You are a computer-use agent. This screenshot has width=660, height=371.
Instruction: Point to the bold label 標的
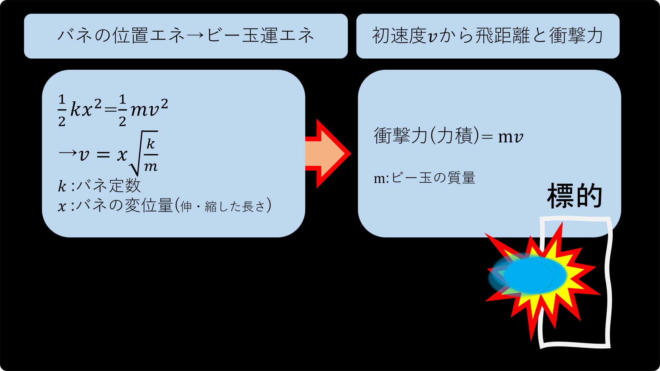click(575, 196)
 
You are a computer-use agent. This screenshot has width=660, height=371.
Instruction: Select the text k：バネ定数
click(99, 186)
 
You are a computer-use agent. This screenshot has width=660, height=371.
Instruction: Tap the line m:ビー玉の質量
click(424, 178)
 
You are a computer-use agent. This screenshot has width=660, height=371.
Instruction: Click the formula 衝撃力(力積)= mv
click(448, 136)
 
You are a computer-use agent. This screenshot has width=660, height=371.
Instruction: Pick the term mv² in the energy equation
click(149, 109)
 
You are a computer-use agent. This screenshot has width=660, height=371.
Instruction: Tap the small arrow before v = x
click(68, 154)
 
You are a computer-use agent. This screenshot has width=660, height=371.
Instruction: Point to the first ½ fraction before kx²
click(62, 110)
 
